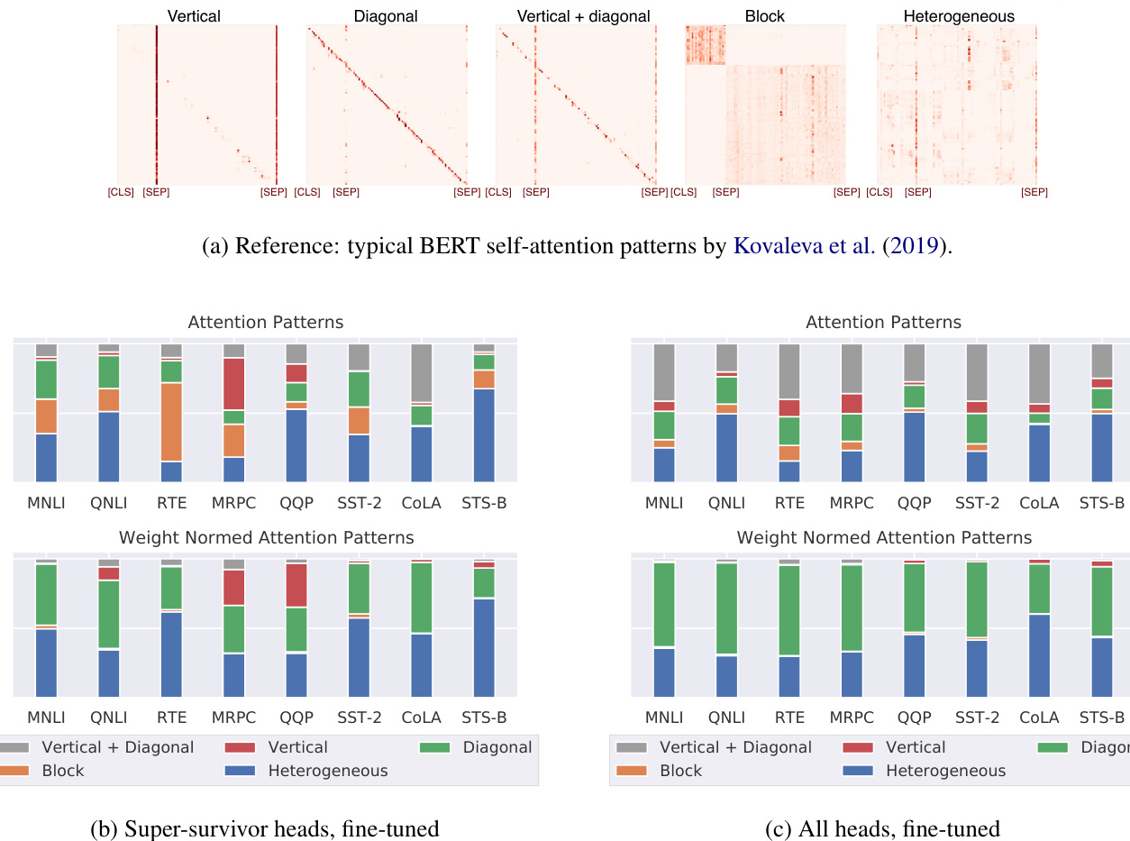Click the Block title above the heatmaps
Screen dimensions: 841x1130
click(764, 16)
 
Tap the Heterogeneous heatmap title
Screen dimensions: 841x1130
click(957, 16)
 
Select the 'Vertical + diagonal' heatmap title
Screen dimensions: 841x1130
click(583, 16)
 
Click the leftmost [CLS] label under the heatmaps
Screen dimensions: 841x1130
click(122, 192)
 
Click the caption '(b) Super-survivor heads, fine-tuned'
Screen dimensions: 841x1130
click(265, 829)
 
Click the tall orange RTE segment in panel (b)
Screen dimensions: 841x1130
click(170, 422)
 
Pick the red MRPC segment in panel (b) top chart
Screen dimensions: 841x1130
click(233, 384)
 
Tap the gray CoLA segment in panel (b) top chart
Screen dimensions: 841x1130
click(421, 372)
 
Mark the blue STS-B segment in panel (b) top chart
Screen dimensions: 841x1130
click(484, 435)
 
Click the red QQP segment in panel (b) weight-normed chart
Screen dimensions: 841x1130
click(296, 585)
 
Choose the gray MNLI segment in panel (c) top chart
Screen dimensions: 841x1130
click(664, 372)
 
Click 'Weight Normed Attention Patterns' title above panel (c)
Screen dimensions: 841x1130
click(884, 538)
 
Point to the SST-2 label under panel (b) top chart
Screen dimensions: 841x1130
click(359, 503)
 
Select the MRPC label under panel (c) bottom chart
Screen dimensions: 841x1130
click(852, 718)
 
